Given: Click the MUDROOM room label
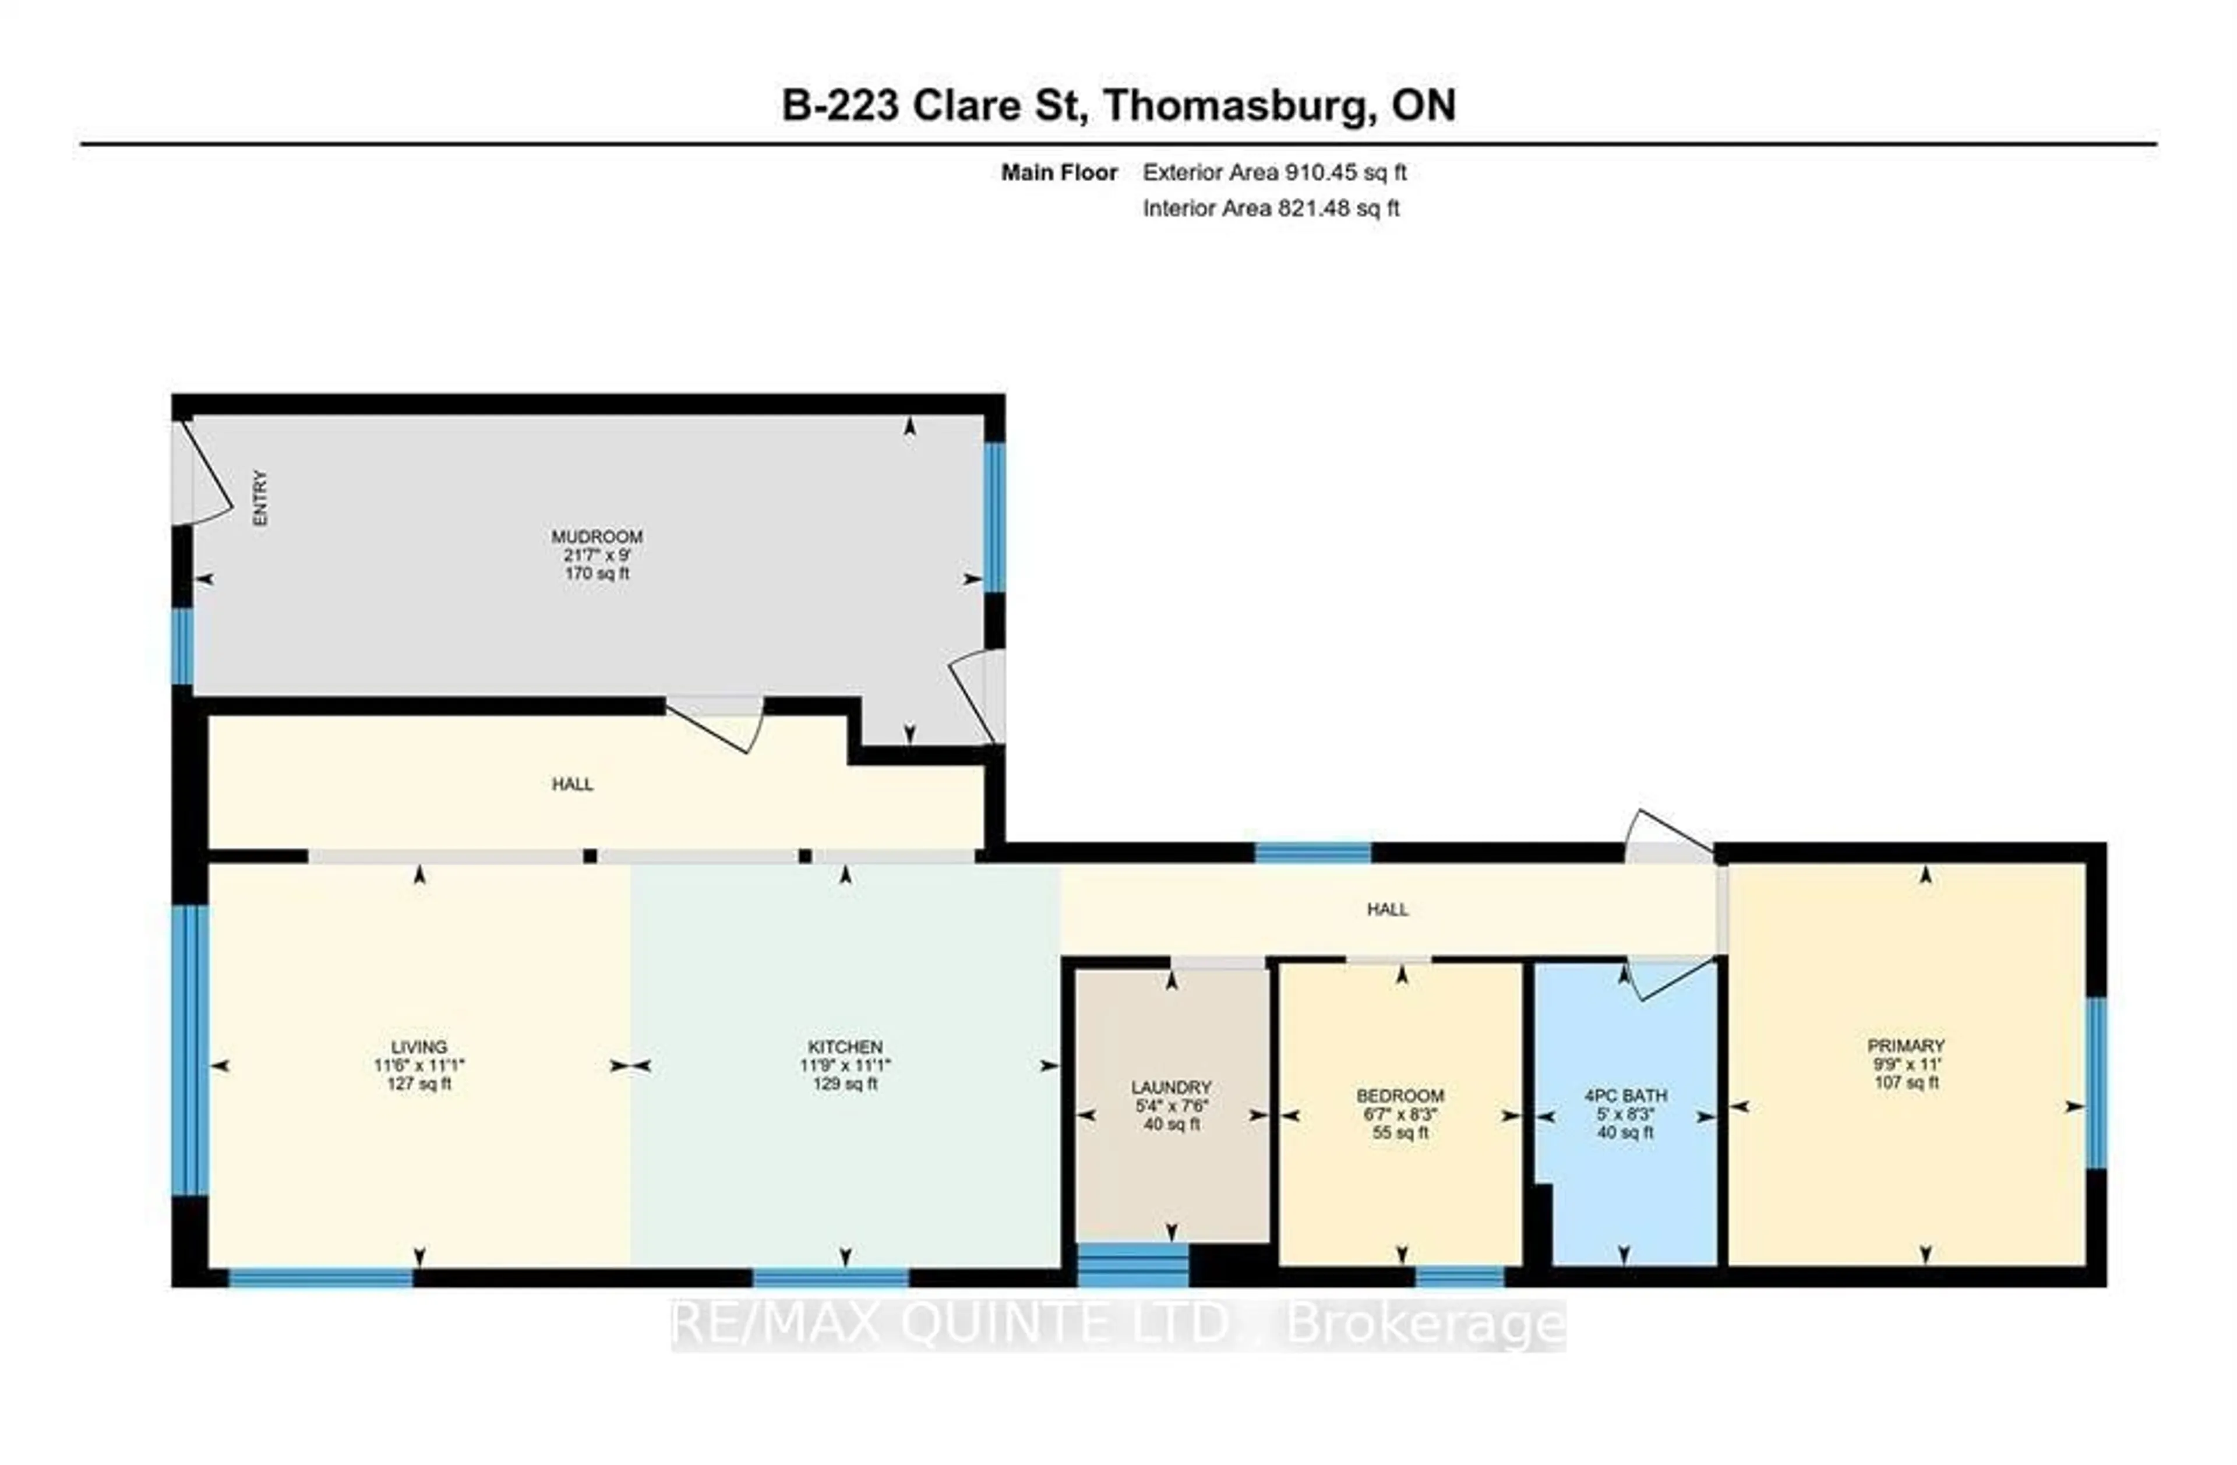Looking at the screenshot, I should (x=597, y=536).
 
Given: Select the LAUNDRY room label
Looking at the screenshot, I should (x=1171, y=1087).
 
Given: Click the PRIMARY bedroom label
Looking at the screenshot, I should (x=1906, y=1046).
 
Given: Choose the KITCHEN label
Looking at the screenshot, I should (x=845, y=1047).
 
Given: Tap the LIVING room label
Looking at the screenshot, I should (x=419, y=1047).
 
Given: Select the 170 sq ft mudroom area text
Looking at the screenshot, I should (x=597, y=573).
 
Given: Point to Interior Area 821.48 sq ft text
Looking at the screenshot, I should (x=1271, y=209).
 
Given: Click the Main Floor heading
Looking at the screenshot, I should (x=1058, y=173).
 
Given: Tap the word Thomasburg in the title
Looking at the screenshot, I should (x=1237, y=105).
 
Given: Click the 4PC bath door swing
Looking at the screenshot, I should (x=1664, y=978).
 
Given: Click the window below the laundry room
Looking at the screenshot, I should (x=1132, y=1265).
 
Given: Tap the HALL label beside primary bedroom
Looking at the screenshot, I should (x=1387, y=910).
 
